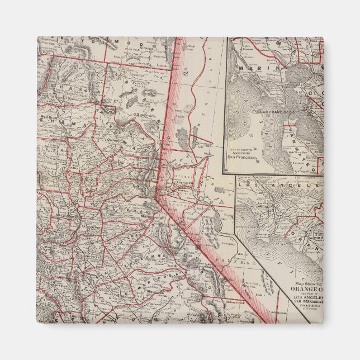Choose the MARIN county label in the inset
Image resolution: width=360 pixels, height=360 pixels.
coord(248,69)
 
